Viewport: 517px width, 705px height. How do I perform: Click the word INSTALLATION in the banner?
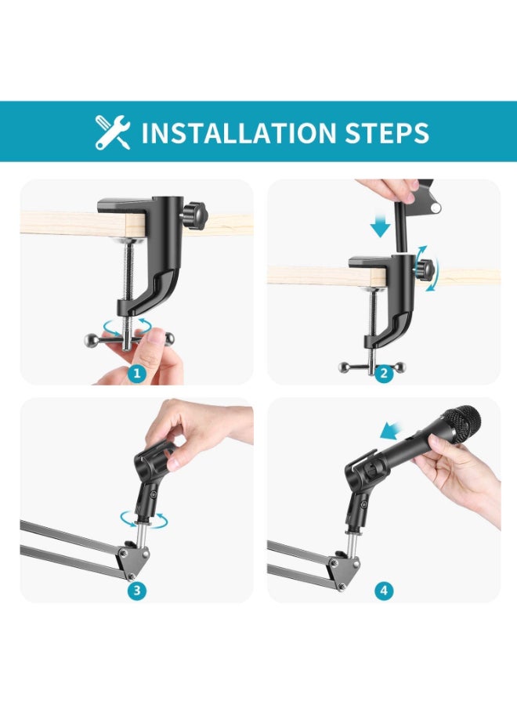[x=239, y=132]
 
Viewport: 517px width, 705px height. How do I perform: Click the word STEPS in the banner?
[x=387, y=132]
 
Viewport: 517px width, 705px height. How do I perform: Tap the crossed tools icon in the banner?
[x=112, y=132]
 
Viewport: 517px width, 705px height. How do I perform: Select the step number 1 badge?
[x=136, y=373]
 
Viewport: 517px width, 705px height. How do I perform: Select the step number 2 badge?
[x=384, y=373]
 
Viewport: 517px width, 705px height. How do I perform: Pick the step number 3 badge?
[x=136, y=591]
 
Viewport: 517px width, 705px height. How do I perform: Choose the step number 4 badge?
[x=384, y=591]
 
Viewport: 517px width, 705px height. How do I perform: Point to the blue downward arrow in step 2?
[x=381, y=225]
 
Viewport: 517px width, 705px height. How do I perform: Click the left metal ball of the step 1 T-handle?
[x=90, y=339]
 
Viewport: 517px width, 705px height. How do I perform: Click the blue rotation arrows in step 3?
[x=143, y=520]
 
